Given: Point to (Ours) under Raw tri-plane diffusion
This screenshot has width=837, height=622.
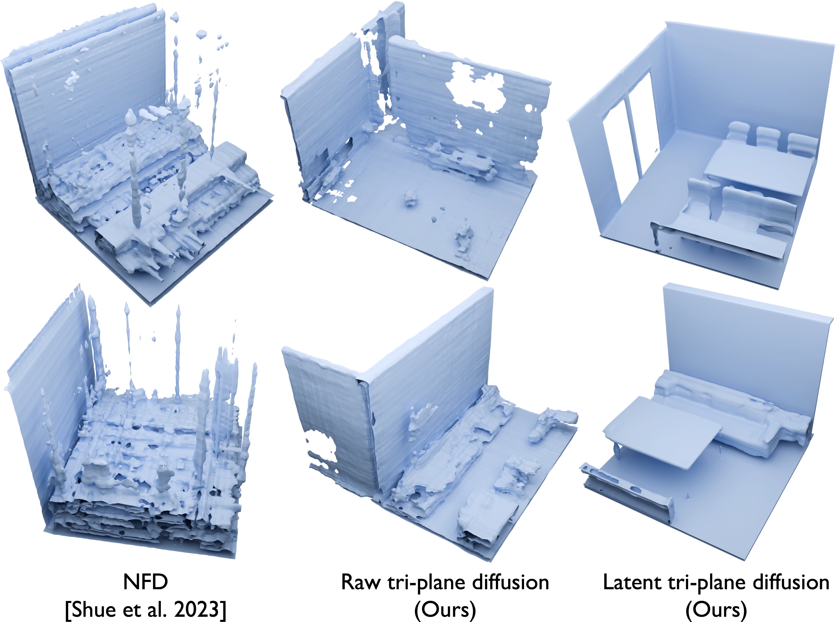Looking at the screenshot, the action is (445, 610).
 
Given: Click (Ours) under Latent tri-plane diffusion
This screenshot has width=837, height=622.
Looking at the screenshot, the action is (716, 610).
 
